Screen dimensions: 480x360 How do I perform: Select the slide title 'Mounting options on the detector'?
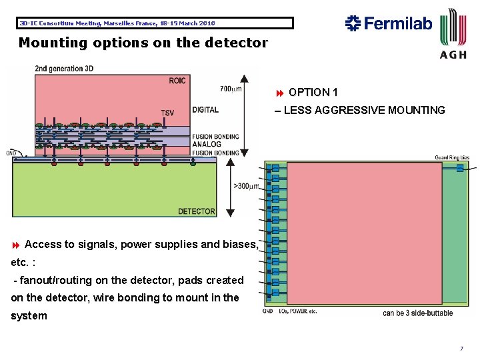pos(143,43)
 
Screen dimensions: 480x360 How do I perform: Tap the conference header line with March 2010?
pos(117,23)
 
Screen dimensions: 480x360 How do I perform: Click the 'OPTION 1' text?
pos(313,92)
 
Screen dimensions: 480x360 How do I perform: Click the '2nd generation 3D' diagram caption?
pos(64,68)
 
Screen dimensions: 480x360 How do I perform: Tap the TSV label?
pos(167,113)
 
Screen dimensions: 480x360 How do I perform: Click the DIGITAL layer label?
pos(205,110)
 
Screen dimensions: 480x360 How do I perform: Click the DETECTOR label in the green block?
pos(196,211)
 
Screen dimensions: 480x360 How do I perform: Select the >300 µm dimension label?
pos(245,186)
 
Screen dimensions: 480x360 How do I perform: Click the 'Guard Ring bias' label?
pos(451,158)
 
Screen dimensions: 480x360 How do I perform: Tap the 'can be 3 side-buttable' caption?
pos(417,313)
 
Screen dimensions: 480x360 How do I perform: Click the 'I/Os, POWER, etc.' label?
pos(299,311)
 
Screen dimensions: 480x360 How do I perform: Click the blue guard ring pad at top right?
pos(459,169)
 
